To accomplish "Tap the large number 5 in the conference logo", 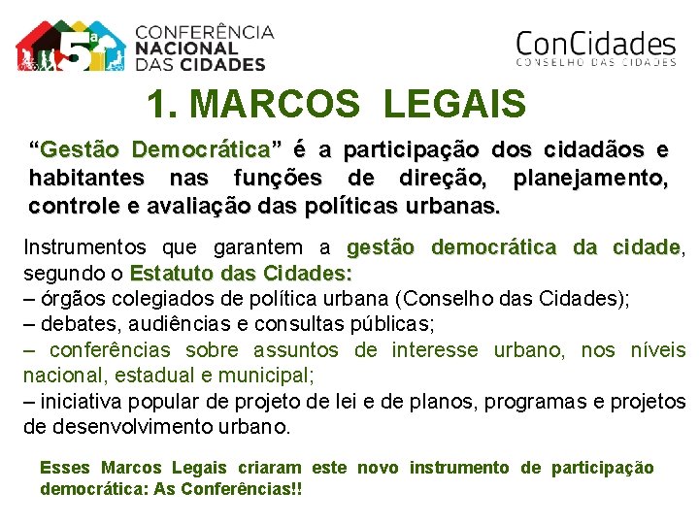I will coord(77,49).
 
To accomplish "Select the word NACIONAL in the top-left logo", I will coord(185,48).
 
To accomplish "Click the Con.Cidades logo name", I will coord(595,44).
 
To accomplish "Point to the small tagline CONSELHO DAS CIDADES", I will coord(595,63).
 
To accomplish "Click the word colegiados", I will coord(146,297).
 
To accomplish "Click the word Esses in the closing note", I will coord(65,468).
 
